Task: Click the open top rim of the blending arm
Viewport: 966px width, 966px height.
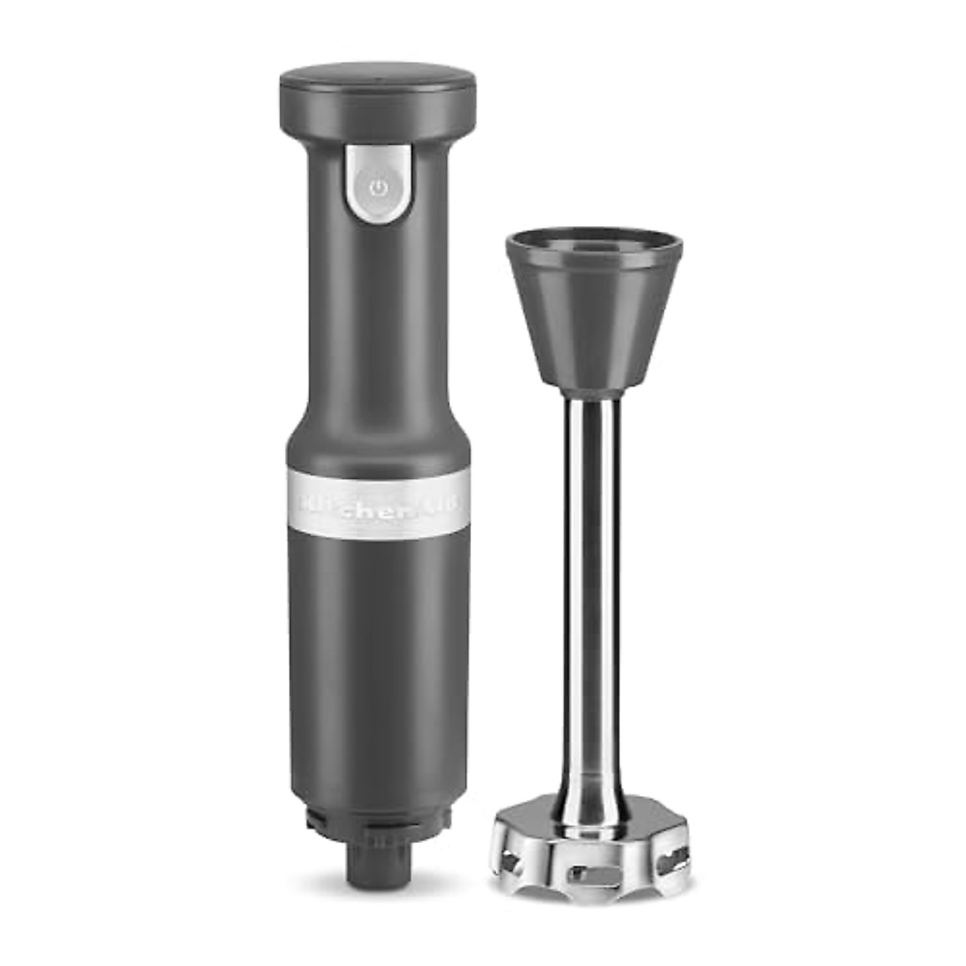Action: pos(594,241)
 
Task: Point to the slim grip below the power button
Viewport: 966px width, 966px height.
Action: pos(378,322)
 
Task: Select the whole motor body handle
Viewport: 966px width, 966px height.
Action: pos(378,451)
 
